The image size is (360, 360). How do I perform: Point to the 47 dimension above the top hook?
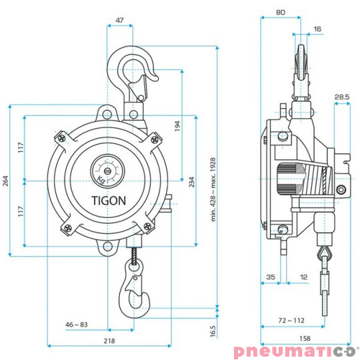pos(119,21)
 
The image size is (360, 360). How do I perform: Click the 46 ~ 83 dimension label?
pos(77,324)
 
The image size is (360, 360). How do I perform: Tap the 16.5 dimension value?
pos(212,331)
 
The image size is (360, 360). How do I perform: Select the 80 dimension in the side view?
pos(281,12)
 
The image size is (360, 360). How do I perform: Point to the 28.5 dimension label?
pos(342,97)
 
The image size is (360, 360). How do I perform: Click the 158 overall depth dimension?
pos(305,339)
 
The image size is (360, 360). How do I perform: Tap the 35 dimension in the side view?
pos(270,275)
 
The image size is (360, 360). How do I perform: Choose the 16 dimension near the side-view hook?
pos(317,29)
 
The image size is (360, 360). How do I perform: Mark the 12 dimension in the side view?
pos(304,275)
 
